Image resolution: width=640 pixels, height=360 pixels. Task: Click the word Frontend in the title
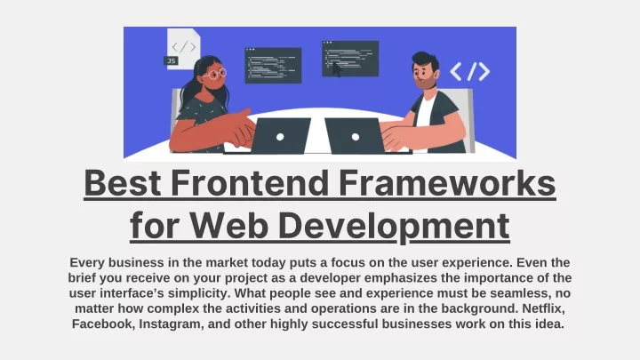[x=250, y=183]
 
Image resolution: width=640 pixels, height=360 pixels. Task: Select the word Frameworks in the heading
[x=447, y=183]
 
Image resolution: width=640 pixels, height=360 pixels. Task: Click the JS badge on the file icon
[x=171, y=60]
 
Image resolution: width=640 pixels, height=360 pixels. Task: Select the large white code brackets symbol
[x=470, y=71]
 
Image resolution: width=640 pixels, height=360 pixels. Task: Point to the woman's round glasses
[x=215, y=74]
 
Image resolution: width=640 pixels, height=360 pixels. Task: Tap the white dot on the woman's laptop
[x=280, y=137]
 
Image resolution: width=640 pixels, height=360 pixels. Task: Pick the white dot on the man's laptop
[x=356, y=137]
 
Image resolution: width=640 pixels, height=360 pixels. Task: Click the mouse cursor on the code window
[x=336, y=69]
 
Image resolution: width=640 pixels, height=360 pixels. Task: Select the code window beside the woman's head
[x=273, y=65]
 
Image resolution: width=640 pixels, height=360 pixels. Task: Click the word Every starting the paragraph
[x=86, y=263]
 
